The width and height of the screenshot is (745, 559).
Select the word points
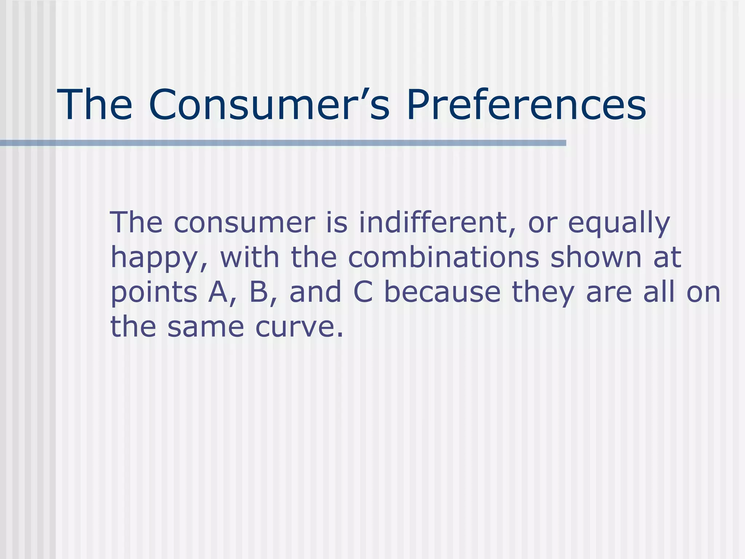tap(154, 293)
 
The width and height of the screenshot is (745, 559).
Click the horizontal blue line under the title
tap(283, 143)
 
